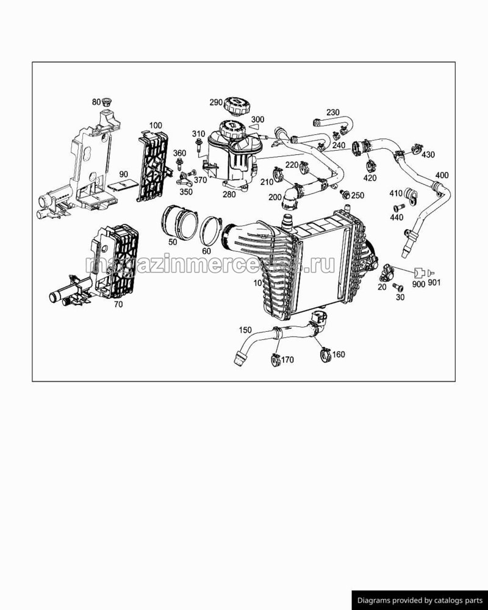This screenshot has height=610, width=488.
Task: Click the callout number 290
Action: point(217,102)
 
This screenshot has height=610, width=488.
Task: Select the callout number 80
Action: point(96,102)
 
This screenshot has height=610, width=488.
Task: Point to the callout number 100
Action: point(156,126)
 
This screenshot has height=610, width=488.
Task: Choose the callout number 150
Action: point(245,330)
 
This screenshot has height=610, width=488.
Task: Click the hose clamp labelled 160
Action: point(323,352)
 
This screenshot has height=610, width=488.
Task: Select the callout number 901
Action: point(434,283)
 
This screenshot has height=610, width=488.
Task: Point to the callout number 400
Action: point(442,176)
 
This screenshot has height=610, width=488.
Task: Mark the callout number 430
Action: point(428,155)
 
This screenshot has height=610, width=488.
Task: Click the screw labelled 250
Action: point(346,195)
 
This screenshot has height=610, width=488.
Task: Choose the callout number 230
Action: point(332,112)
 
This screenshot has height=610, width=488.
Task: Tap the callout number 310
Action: point(198,134)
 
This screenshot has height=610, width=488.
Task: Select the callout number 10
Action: point(257,283)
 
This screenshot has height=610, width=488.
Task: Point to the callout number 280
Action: point(229,195)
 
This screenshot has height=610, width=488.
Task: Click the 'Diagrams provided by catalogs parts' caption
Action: point(419,600)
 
